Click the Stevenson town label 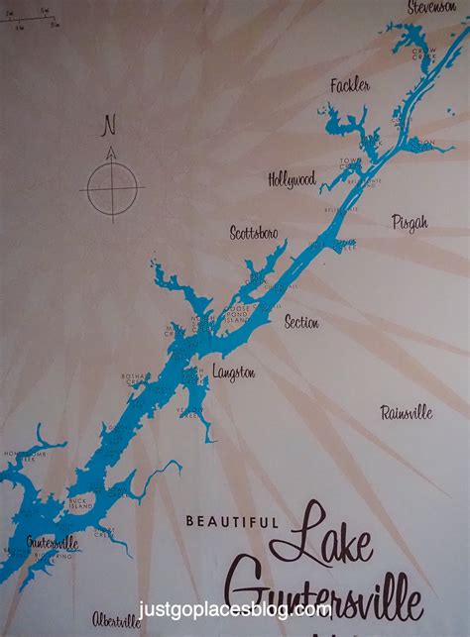[431, 8]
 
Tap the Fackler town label [350, 86]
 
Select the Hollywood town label [292, 179]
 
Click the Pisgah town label [410, 222]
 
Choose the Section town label [301, 322]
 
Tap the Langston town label [233, 372]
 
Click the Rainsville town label [407, 412]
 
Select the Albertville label [117, 620]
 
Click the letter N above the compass [110, 127]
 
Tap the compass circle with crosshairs [111, 186]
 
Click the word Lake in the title [333, 535]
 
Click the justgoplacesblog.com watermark [235, 608]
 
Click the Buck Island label [81, 503]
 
